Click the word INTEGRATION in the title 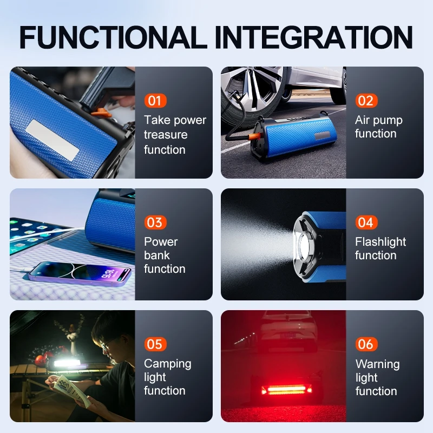[314, 37]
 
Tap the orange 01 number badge [155, 101]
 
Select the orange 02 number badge [366, 101]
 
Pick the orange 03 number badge [155, 222]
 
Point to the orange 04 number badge [366, 222]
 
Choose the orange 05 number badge [155, 344]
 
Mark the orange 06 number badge [366, 344]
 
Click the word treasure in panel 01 [166, 135]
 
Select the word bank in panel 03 [157, 255]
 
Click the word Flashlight [380, 242]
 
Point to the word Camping [168, 364]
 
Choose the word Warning [378, 364]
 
